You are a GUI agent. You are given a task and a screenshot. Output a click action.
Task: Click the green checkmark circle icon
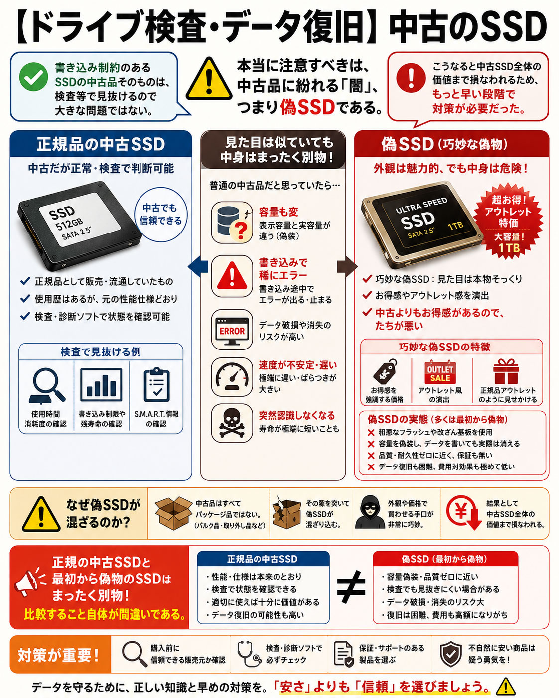click(x=34, y=77)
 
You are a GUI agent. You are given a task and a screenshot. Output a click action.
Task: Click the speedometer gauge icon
click(x=232, y=376)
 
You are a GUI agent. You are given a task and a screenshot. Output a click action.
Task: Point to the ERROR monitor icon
click(x=232, y=330)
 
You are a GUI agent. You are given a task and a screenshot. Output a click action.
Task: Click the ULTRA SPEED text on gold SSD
click(x=421, y=205)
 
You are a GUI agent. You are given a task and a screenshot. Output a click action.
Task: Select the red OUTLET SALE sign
click(x=440, y=373)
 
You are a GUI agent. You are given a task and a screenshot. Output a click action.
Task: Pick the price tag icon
click(x=385, y=371)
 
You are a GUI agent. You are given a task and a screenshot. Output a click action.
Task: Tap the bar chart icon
click(x=101, y=385)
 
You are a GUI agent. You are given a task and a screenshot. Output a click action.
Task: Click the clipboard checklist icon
click(x=157, y=385)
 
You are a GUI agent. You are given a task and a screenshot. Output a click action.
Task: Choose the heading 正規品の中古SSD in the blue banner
click(x=101, y=144)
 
